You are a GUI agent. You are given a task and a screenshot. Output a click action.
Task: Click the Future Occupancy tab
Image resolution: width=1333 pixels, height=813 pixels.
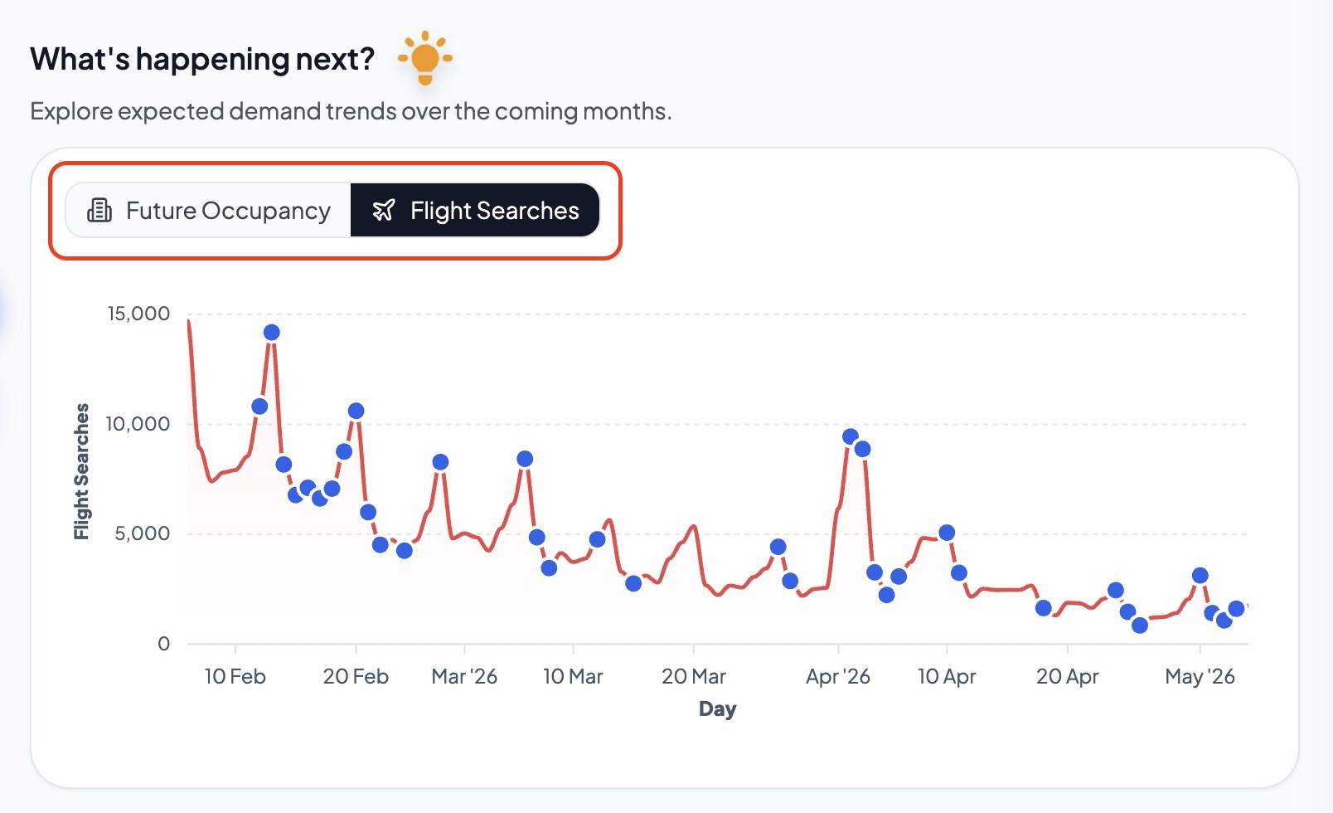point(209,211)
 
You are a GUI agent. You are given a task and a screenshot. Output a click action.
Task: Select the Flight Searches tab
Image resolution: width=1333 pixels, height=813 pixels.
point(475,211)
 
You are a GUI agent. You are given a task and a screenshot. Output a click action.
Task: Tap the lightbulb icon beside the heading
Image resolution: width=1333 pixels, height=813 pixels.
point(425,58)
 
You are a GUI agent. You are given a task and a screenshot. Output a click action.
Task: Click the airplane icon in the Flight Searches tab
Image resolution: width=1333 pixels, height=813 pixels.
point(383,211)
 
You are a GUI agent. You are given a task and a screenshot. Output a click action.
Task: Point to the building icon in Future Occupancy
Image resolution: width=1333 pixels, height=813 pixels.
point(99,211)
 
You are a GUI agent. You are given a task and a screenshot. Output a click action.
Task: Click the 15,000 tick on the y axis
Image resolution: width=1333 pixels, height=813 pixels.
point(138,314)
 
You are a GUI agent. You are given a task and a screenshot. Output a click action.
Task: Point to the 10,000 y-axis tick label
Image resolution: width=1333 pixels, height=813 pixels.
point(138,424)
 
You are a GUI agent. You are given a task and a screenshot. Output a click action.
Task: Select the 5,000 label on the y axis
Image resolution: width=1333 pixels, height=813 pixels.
point(143,533)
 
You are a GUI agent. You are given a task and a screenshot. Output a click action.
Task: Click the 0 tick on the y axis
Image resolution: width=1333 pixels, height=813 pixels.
point(163,644)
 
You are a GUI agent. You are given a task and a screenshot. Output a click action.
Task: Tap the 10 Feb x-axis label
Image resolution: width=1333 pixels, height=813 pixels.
point(235,676)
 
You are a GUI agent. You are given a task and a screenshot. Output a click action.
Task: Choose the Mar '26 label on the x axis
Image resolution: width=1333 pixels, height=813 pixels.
point(464,676)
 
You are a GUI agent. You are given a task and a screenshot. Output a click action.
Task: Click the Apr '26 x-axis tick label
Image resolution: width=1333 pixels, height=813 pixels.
point(838,676)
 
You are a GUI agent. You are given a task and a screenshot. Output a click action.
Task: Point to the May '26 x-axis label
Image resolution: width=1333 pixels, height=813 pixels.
point(1200,676)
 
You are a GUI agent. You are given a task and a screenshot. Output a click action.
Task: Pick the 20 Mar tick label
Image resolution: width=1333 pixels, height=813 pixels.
point(694,676)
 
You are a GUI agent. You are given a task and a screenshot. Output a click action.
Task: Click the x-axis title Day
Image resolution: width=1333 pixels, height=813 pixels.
point(717,708)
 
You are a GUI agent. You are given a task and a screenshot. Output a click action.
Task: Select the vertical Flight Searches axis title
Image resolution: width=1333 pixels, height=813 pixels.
point(81,471)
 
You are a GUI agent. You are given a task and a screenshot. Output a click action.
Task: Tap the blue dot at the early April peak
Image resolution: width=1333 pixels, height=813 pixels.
point(851,436)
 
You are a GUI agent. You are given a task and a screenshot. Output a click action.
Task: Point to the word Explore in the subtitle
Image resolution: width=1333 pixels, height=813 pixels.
point(71,111)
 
